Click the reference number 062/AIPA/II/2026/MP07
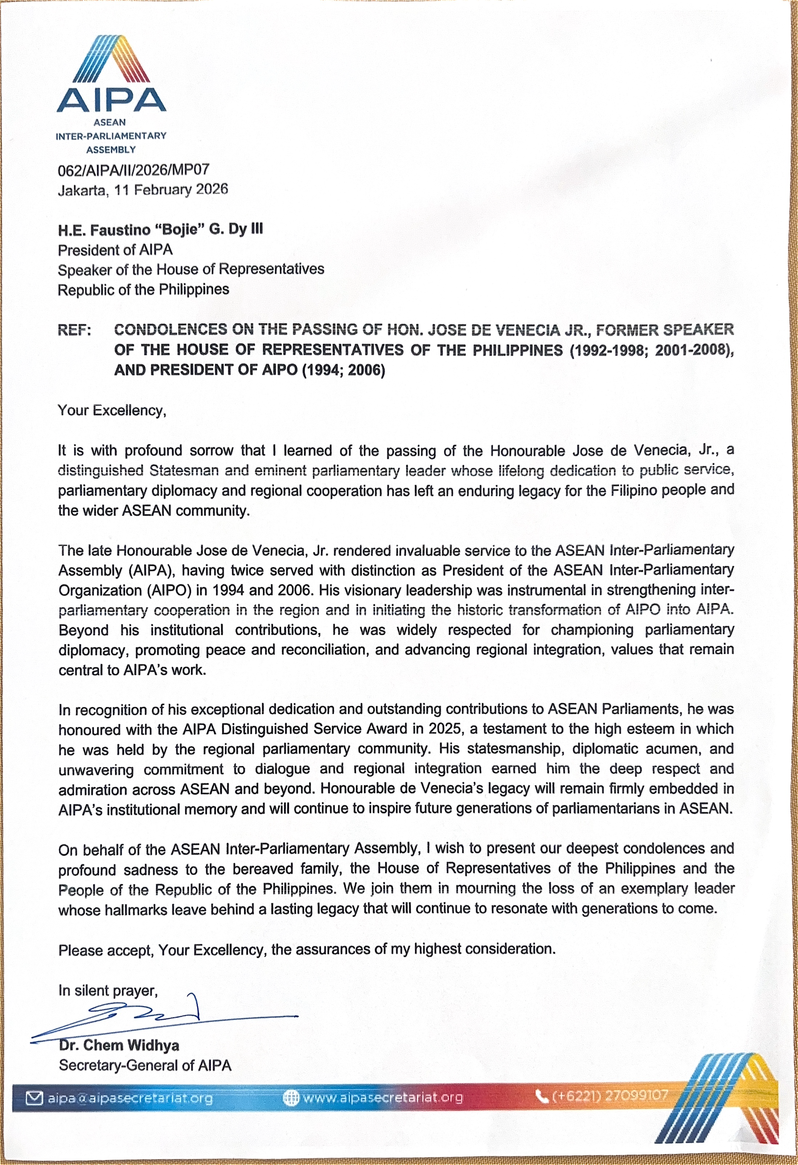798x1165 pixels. click(x=133, y=171)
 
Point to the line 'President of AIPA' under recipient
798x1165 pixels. click(x=115, y=250)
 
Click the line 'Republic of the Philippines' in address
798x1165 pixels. click(x=143, y=290)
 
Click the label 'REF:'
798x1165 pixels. click(x=74, y=330)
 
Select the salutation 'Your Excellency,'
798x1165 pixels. click(x=112, y=410)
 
